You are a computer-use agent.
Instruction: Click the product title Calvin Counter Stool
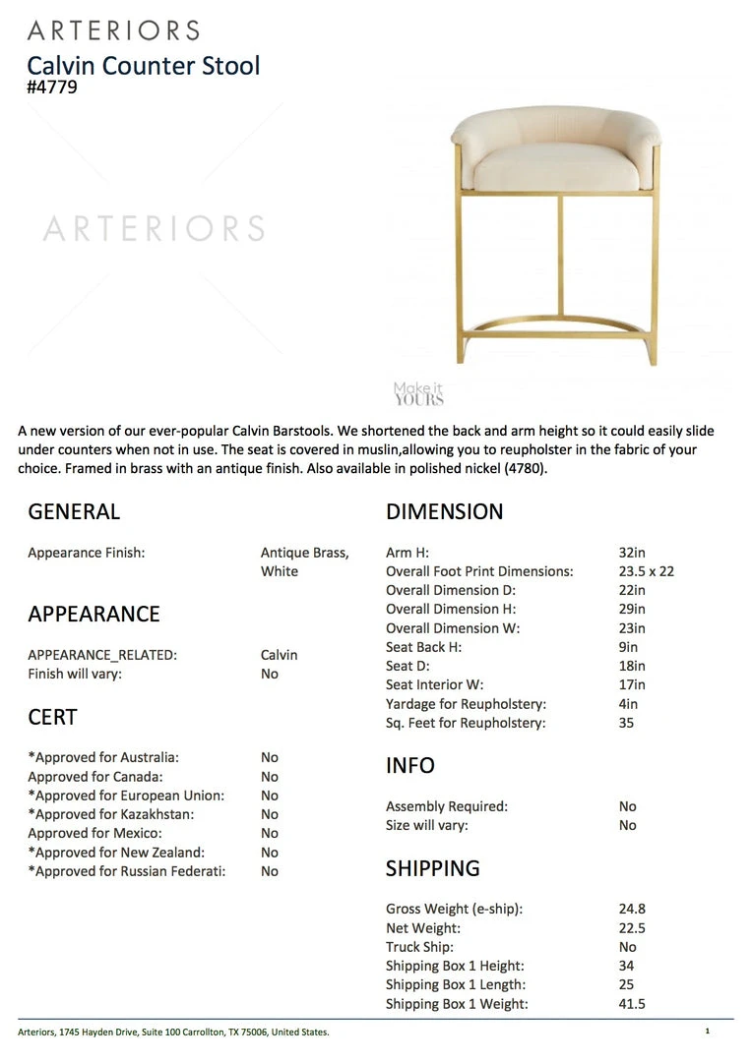point(143,66)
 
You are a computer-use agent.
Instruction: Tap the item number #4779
point(52,88)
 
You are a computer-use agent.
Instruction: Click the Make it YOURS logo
point(418,394)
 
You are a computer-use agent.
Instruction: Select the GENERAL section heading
point(74,511)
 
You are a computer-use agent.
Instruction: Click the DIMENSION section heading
point(444,511)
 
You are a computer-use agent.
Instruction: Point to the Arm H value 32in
point(632,553)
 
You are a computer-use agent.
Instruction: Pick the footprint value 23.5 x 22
point(646,571)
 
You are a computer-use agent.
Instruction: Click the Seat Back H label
point(423,647)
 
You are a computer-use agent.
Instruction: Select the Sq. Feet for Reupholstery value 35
point(626,723)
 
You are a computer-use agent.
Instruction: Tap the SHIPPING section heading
point(432,868)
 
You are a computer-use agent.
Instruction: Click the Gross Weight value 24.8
point(632,910)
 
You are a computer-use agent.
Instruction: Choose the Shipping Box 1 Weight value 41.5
point(632,1004)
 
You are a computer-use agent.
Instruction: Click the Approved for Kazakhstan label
point(110,814)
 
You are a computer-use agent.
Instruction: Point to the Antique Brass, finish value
point(304,553)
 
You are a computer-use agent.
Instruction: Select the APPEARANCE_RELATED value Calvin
point(279,655)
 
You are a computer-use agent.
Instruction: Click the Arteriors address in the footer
point(173,1032)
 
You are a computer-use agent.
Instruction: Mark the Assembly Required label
point(446,806)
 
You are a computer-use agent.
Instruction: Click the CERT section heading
point(52,718)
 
